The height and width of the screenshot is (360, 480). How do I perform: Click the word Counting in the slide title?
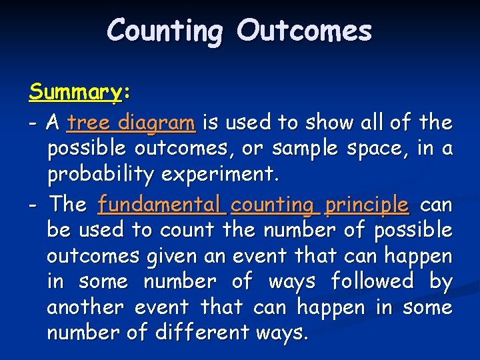coord(165,31)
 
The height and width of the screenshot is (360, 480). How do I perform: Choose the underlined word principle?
coord(367,204)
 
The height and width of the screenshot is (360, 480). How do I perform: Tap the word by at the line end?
coord(441,282)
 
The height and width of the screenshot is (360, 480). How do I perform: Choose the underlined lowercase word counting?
coord(273,204)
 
